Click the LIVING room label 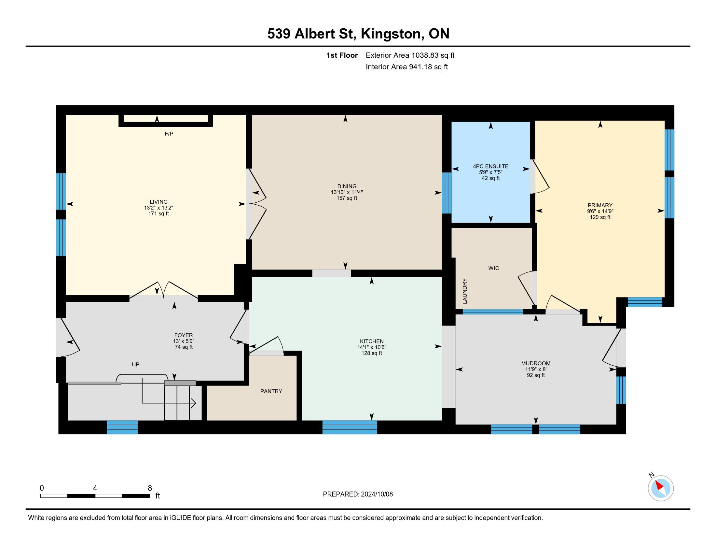(x=159, y=202)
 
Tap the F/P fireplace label (x=169, y=134)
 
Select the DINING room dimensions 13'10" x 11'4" (x=347, y=192)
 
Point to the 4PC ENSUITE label (x=490, y=167)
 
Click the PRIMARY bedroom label (x=600, y=205)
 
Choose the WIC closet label (x=493, y=268)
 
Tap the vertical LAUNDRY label (x=464, y=291)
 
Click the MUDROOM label (x=536, y=363)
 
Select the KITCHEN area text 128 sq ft (x=371, y=353)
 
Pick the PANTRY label (x=271, y=391)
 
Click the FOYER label (x=184, y=335)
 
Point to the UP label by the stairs (x=135, y=364)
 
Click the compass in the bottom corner (x=660, y=488)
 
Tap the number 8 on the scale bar (x=150, y=488)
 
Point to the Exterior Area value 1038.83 (x=424, y=55)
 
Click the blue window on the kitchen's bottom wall (x=350, y=427)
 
